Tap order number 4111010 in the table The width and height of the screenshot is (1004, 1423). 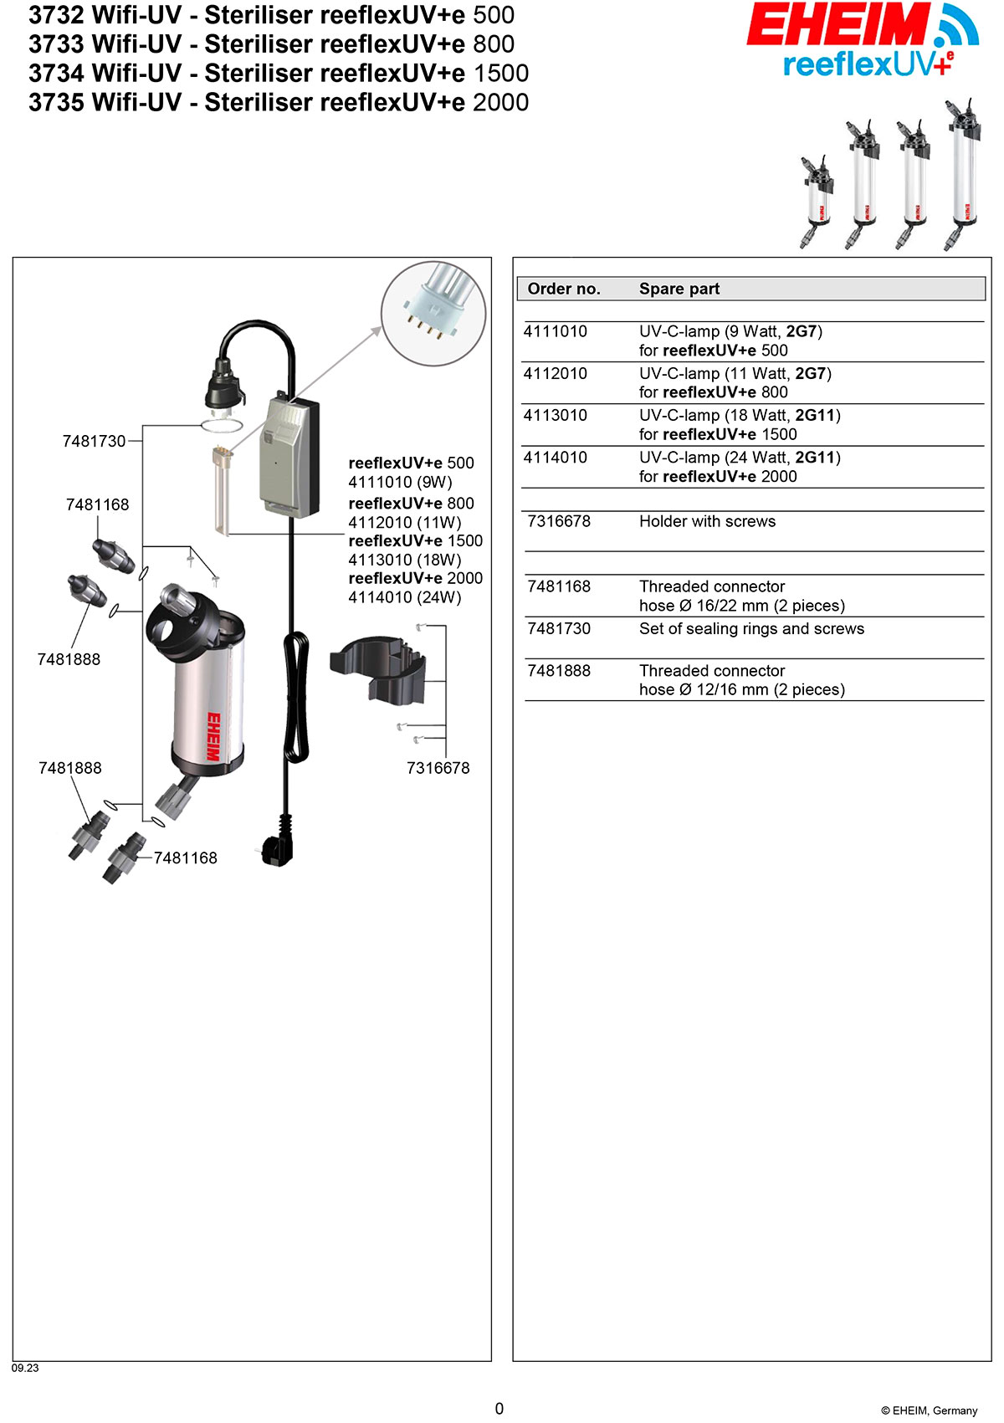[556, 331]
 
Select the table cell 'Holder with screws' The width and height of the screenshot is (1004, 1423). [707, 521]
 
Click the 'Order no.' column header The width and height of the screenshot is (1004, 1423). [564, 289]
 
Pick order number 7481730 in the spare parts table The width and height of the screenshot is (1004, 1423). [559, 628]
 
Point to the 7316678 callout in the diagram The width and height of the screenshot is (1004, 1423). [438, 768]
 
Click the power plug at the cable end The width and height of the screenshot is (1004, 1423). [277, 846]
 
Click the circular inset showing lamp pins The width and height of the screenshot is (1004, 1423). [433, 314]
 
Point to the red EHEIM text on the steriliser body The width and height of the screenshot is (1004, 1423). [214, 736]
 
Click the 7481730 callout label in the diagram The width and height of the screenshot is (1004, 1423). [94, 441]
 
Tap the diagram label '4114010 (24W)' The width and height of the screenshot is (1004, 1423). [405, 597]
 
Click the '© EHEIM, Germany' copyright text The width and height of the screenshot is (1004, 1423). [929, 1410]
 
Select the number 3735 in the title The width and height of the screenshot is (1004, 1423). [56, 102]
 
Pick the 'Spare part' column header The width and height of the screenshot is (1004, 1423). [679, 289]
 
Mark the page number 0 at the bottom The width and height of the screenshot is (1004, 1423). [499, 1409]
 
